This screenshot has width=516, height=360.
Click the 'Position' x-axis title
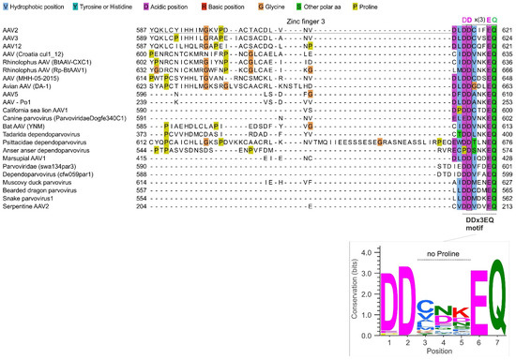point(440,354)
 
